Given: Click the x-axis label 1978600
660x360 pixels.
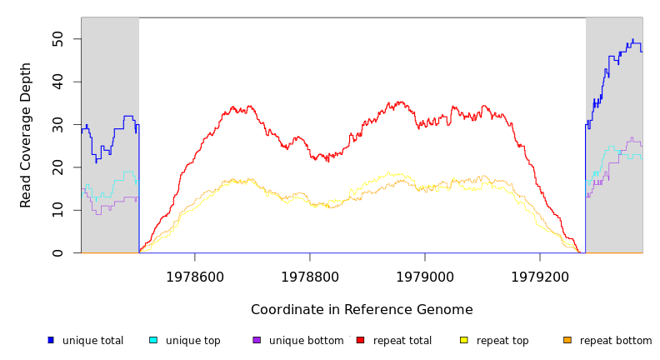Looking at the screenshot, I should (x=195, y=277).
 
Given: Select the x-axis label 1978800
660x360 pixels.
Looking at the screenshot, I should (x=310, y=277).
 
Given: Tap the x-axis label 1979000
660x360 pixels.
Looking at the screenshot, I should (x=425, y=277).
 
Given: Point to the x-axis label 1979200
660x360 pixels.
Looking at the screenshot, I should (x=540, y=277).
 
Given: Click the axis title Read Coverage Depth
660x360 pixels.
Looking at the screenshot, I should (x=27, y=135).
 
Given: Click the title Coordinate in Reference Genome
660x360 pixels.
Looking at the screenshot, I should (x=362, y=310).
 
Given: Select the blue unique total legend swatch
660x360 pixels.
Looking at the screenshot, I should (x=51, y=340).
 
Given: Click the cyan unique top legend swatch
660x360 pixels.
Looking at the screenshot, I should (x=153, y=340).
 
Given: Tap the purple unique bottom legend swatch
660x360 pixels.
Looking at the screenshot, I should (x=257, y=340).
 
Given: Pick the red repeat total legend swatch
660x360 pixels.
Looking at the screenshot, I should (x=360, y=340).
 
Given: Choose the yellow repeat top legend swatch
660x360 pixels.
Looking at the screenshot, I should (x=464, y=340).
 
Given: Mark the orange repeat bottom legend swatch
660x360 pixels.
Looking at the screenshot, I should (x=567, y=340).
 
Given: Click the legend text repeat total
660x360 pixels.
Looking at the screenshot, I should (x=402, y=341).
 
